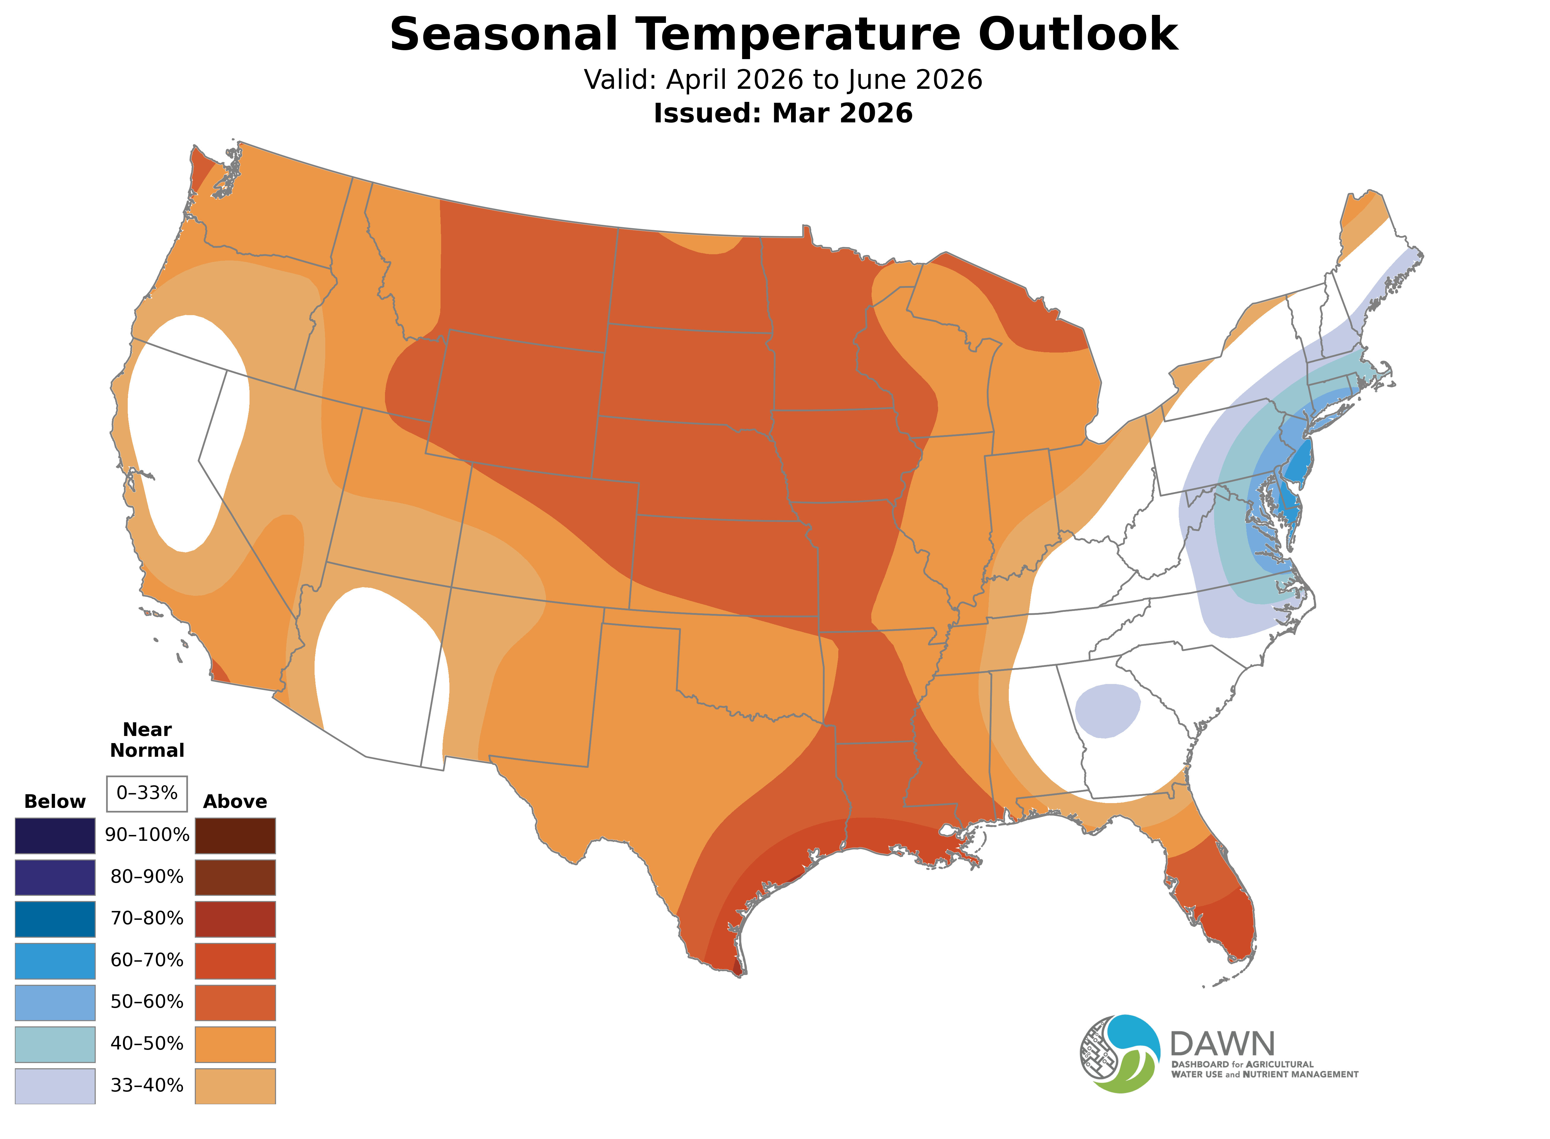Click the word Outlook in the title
pos(1078,34)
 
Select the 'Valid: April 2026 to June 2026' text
pos(783,80)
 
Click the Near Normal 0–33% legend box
pos(147,794)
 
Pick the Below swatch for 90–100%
pos(55,836)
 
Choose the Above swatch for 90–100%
pos(235,836)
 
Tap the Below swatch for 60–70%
pos(55,961)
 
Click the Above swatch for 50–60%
pos(235,1002)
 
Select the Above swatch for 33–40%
pos(235,1086)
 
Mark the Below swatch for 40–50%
pos(55,1044)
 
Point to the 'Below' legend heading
pos(55,802)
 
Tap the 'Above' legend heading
pos(235,802)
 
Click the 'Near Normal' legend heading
pos(147,740)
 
